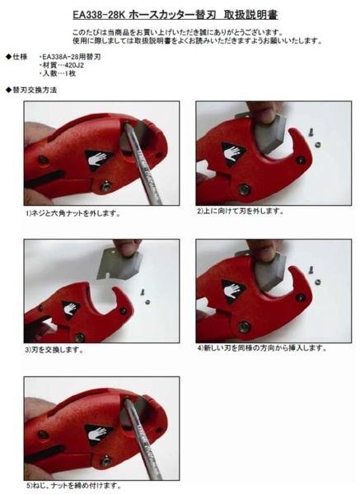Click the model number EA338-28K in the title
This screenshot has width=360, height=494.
[x=99, y=15]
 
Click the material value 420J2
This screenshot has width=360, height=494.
[x=74, y=66]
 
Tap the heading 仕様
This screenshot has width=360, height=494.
[x=20, y=57]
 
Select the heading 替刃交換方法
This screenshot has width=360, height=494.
[x=35, y=90]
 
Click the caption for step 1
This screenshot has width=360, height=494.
[x=73, y=213]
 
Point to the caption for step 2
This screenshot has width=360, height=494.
[x=241, y=211]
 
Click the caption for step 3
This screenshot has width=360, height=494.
[x=54, y=350]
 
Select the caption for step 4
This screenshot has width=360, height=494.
[x=262, y=347]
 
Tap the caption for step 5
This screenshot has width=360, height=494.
[x=73, y=485]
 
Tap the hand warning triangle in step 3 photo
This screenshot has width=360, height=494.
[x=70, y=309]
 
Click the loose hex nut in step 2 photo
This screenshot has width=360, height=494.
[x=319, y=144]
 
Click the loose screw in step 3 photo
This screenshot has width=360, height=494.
[x=143, y=291]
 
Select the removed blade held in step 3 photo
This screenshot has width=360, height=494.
[x=119, y=263]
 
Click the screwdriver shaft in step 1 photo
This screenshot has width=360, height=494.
[x=143, y=163]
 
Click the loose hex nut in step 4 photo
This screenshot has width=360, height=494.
[x=318, y=281]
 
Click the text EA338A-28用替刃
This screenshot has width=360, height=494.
[x=71, y=58]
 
